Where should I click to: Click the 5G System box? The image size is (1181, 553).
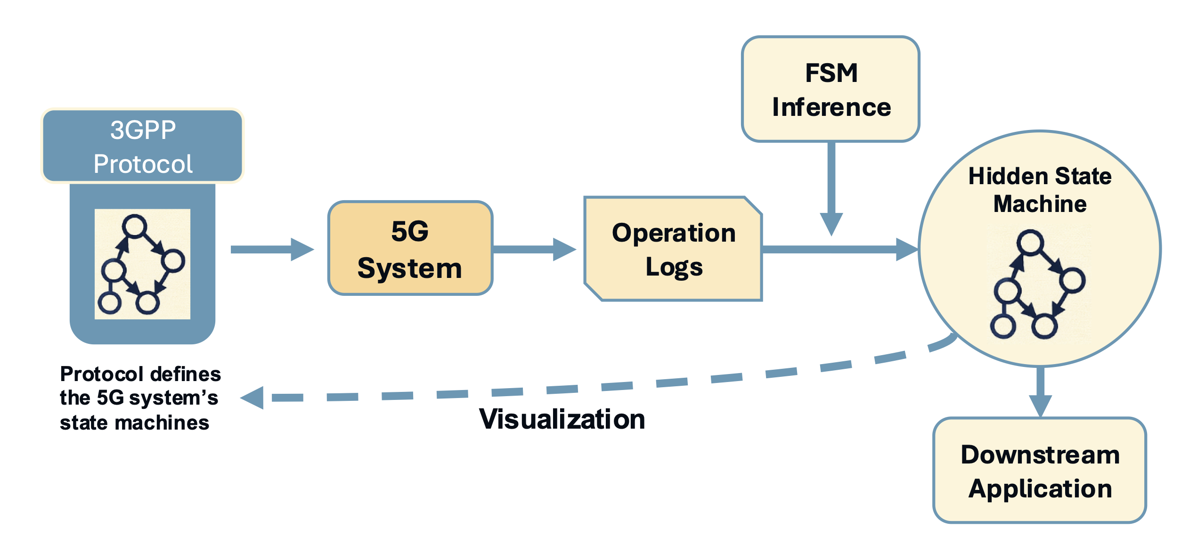410,248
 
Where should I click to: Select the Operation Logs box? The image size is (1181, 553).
673,249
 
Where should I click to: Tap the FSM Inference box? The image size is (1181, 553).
831,89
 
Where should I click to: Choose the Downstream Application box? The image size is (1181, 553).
1040,471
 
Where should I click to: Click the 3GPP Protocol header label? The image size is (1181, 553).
143,146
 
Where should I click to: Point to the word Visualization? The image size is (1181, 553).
562,419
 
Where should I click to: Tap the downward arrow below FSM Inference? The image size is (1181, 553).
831,188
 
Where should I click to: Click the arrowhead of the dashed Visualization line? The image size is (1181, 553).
252,398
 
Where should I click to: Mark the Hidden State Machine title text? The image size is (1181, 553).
1040,190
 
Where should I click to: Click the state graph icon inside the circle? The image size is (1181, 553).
1039,285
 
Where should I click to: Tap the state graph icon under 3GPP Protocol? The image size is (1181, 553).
142,264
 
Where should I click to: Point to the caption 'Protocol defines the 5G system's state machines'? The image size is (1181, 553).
140,398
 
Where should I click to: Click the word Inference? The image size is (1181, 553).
831,107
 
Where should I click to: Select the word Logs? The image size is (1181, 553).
674,267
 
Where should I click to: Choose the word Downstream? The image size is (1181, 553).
1040,455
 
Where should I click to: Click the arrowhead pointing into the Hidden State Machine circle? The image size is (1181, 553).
906,249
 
